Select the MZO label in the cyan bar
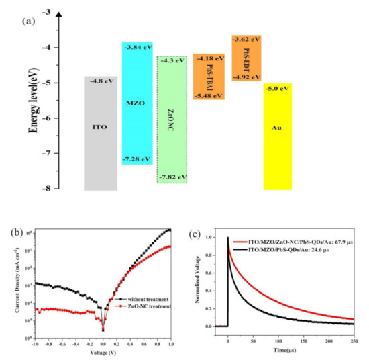click(132, 103)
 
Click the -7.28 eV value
click(138, 159)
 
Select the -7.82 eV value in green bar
click(172, 177)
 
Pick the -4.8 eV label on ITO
click(101, 81)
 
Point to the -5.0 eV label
click(279, 88)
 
